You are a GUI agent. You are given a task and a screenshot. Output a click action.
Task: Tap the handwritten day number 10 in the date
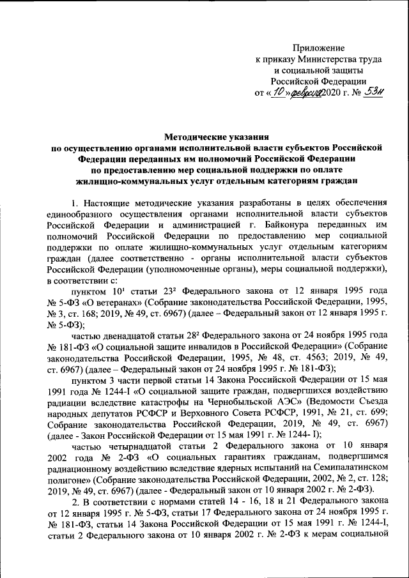pos(277,92)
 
